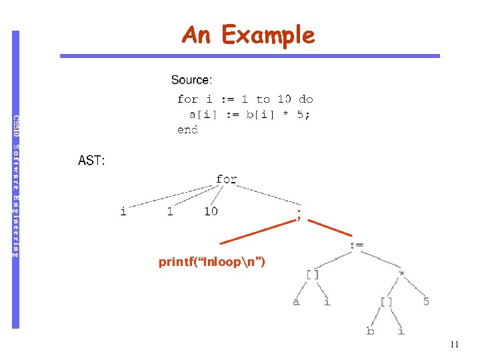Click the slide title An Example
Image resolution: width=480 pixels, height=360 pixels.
(x=248, y=35)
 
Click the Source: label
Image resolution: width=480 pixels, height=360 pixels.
(x=192, y=80)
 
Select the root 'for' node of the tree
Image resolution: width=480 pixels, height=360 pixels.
(x=227, y=179)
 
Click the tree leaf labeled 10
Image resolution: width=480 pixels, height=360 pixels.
(x=211, y=212)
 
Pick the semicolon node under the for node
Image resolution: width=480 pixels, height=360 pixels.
(x=299, y=214)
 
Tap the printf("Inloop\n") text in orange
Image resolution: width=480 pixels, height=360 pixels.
(x=212, y=262)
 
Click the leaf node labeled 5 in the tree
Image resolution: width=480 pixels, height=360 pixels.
(x=425, y=302)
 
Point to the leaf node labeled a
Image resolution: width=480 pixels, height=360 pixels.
(x=296, y=302)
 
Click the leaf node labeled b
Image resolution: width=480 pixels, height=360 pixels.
(x=370, y=331)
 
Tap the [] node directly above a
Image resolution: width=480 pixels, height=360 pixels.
(x=313, y=273)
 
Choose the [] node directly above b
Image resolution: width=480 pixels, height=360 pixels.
(x=386, y=302)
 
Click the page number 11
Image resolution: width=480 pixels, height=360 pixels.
(x=455, y=345)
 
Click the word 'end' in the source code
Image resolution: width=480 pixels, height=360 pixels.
(x=188, y=129)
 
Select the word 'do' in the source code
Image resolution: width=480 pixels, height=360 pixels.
(x=306, y=99)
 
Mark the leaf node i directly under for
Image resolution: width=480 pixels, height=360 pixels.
(x=123, y=212)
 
